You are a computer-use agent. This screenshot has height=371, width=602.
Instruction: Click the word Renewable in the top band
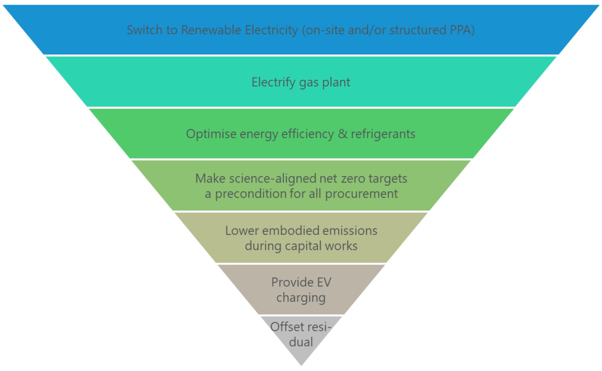point(211,30)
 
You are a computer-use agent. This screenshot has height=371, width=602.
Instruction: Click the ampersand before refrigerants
point(342,134)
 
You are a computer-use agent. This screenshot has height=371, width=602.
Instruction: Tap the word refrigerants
point(383,134)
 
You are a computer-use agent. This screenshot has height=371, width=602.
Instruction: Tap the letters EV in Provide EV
point(324,282)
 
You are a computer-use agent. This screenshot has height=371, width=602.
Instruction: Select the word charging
point(301,298)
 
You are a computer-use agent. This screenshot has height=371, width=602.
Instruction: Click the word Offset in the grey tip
point(286,327)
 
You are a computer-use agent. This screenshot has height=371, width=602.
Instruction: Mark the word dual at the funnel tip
point(301,342)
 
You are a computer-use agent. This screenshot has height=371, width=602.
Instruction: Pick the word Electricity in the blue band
point(271,30)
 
